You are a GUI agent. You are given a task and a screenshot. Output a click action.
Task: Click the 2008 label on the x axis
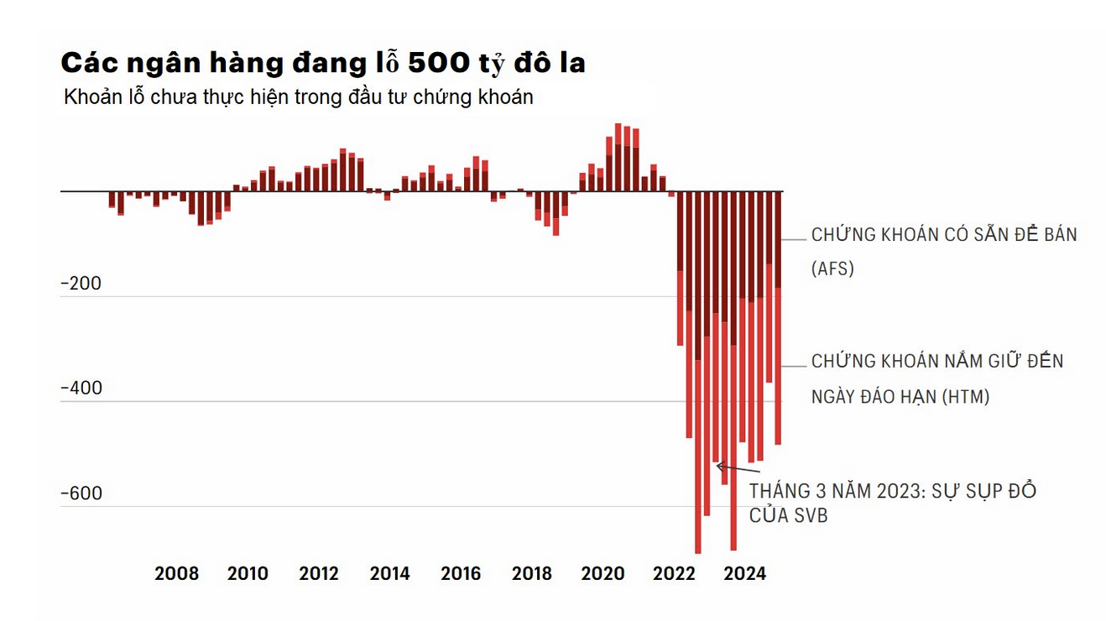[x=177, y=574]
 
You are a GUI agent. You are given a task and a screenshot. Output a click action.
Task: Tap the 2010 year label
[x=248, y=574]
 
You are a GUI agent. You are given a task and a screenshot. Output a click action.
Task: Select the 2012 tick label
[x=319, y=574]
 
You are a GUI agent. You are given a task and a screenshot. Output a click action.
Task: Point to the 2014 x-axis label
[x=390, y=574]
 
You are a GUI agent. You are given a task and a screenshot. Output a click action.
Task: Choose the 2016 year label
[x=461, y=574]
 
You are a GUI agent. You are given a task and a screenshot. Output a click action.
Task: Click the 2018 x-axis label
[x=532, y=574]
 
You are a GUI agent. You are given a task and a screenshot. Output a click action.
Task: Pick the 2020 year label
[x=603, y=574]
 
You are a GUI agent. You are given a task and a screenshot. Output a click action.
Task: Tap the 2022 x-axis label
[x=674, y=574]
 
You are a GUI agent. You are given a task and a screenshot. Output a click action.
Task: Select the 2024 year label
[x=744, y=574]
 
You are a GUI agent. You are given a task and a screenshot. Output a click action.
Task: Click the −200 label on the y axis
[x=81, y=284]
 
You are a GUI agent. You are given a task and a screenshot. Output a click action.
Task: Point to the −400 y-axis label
[x=81, y=389]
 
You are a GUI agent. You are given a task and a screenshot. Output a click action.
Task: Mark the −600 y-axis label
[x=81, y=493]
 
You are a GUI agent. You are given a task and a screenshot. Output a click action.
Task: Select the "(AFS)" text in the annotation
[x=832, y=269]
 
